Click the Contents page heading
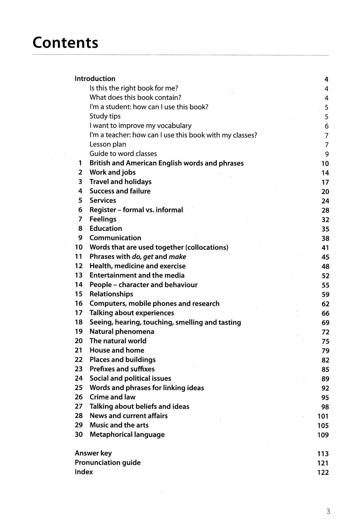tap(65, 42)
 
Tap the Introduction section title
tap(95, 78)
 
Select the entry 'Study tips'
tap(105, 116)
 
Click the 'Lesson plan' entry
tap(108, 144)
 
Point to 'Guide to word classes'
tap(123, 154)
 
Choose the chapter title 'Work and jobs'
tap(113, 172)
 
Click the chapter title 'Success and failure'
tap(120, 191)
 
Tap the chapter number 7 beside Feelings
tap(80, 219)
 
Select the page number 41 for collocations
tap(325, 248)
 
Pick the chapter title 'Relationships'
tap(111, 294)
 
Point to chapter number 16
tap(79, 304)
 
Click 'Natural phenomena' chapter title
tap(122, 332)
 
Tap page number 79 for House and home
tap(325, 351)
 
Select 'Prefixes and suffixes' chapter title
tap(122, 369)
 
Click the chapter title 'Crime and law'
tap(112, 397)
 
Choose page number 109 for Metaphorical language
tap(323, 435)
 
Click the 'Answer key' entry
tap(93, 453)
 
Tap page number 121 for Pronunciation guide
tap(323, 463)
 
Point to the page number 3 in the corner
tap(328, 511)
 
